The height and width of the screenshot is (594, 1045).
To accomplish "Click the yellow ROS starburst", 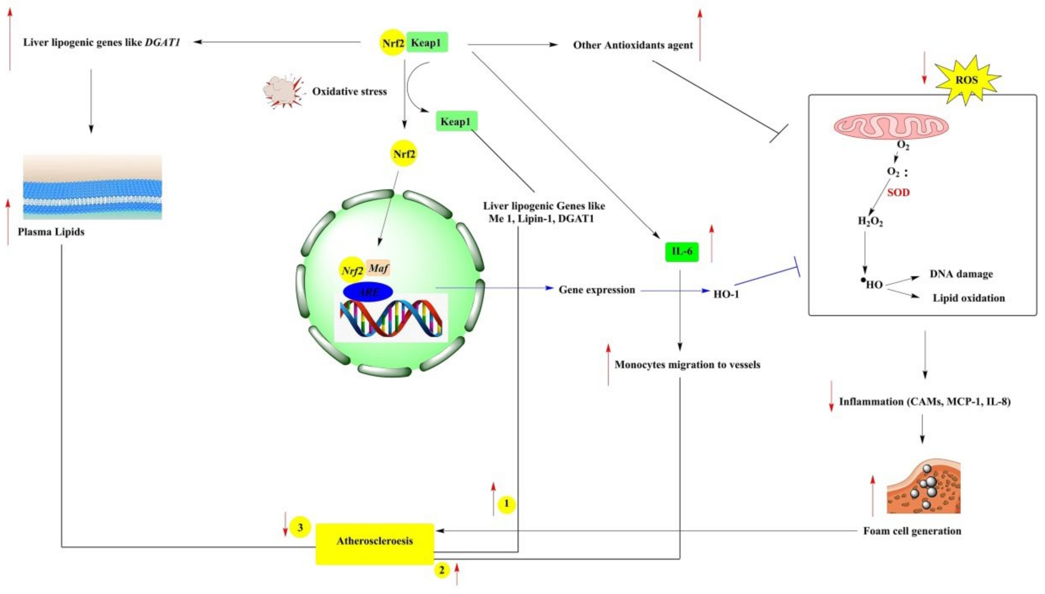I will click(967, 80).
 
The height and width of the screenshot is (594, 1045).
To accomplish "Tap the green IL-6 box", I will click(682, 251).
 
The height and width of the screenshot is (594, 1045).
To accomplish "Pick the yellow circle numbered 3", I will click(300, 528).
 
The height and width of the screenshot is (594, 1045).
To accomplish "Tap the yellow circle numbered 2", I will click(441, 570).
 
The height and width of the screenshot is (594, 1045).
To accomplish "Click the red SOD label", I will click(898, 192).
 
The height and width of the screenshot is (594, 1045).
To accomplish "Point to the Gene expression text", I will click(596, 290).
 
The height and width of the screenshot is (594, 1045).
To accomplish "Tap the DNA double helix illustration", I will click(391, 318).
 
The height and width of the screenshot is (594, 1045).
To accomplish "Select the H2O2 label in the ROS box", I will click(870, 222).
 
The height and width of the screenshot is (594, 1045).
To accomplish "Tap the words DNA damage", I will click(961, 274).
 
